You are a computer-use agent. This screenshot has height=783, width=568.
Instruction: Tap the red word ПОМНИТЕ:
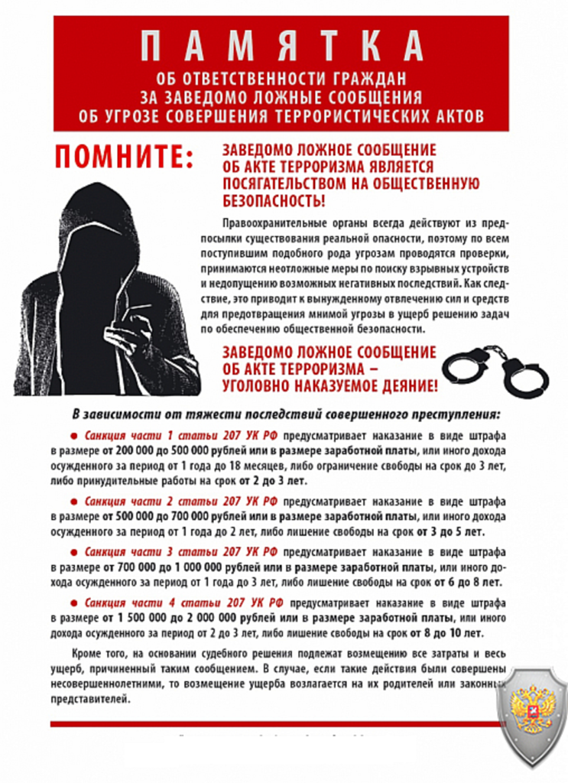[x=124, y=157]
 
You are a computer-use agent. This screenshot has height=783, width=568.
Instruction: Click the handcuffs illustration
[x=495, y=369]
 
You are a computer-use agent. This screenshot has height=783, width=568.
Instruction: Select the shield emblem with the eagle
[x=531, y=715]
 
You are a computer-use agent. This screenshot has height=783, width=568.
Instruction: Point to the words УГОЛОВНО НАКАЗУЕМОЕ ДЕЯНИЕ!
[x=330, y=386]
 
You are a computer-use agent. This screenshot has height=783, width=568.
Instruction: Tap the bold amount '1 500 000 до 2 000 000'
[x=180, y=618]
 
